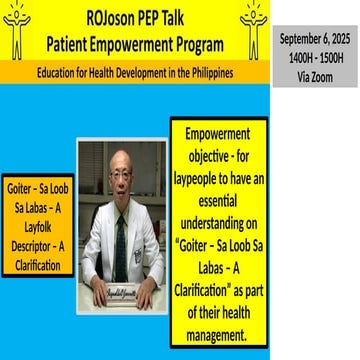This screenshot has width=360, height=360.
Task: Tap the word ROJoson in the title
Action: [110, 17]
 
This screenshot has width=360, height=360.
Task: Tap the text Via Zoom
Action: [316, 73]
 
